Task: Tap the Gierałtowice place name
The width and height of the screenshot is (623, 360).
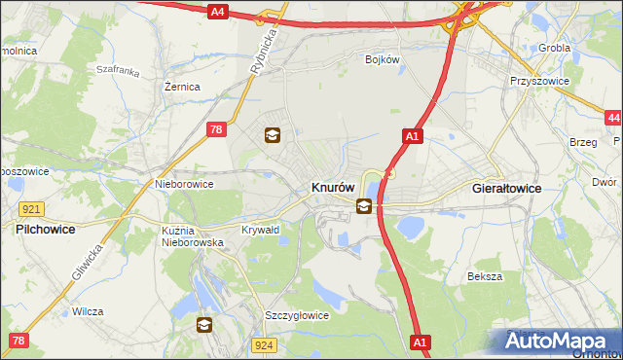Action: pyautogui.click(x=506, y=187)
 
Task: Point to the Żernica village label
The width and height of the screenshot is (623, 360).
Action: pyautogui.click(x=182, y=87)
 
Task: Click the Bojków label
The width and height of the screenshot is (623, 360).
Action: pyautogui.click(x=383, y=59)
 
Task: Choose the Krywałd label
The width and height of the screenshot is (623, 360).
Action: pyautogui.click(x=260, y=231)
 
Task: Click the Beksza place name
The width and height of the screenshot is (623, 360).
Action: pyautogui.click(x=484, y=276)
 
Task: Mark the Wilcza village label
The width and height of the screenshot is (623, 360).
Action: pyautogui.click(x=87, y=312)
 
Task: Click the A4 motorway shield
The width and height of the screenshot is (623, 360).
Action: pyautogui.click(x=217, y=12)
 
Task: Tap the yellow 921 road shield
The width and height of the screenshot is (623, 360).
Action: pyautogui.click(x=30, y=209)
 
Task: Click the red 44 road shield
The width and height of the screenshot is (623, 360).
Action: pyautogui.click(x=612, y=118)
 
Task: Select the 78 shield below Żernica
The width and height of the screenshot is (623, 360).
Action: pyautogui.click(x=218, y=127)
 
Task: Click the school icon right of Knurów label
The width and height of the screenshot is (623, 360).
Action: pyautogui.click(x=364, y=205)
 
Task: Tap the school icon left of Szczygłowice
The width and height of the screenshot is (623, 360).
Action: pyautogui.click(x=204, y=325)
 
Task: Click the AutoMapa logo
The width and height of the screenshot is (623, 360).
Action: pyautogui.click(x=558, y=342)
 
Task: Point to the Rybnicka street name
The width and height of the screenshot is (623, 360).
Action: pyautogui.click(x=265, y=48)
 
